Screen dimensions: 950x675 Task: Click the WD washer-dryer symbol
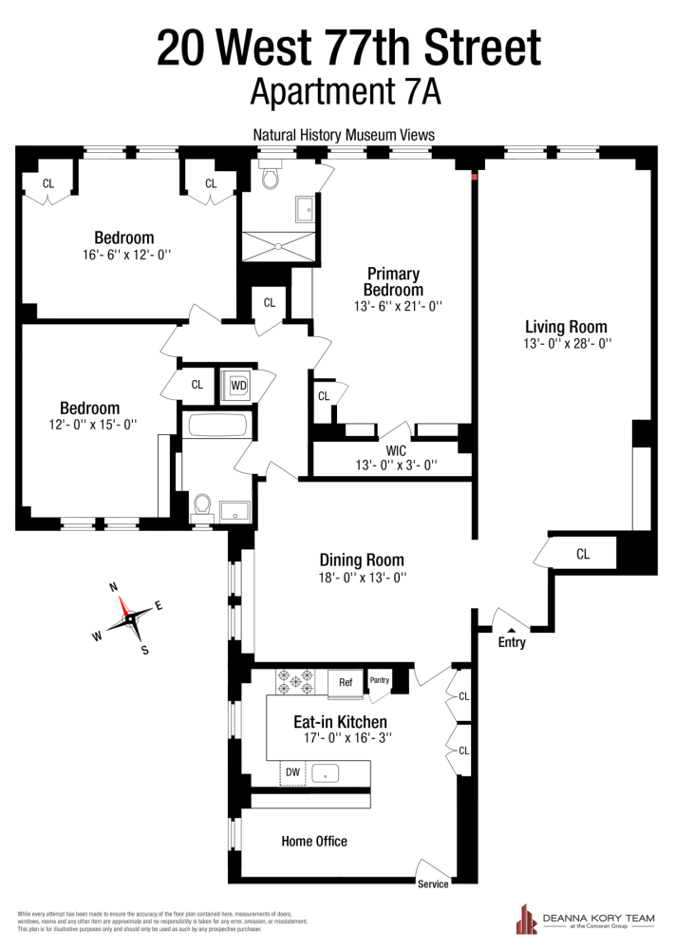pos(237,385)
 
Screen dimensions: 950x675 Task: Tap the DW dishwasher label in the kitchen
pos(293,773)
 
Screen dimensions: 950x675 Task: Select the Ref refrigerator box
pos(347,681)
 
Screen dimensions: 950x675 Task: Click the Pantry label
pos(380,680)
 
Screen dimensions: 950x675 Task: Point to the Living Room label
pos(566,326)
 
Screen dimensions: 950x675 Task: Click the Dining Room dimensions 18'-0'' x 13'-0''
pos(361,577)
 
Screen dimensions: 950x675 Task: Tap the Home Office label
pos(314,841)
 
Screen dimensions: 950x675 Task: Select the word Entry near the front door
pos(512,643)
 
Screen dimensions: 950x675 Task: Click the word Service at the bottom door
pos(432,883)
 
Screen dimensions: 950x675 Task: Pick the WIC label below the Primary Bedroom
pos(396,450)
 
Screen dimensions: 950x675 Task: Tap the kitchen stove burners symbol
pos(297,680)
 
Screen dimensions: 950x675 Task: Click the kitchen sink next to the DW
pos(326,773)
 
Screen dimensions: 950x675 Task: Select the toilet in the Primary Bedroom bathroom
pos(269,176)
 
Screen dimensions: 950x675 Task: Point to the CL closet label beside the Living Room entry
pos(583,554)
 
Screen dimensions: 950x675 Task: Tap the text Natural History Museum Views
pos(344,135)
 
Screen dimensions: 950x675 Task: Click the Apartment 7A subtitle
pos(347,92)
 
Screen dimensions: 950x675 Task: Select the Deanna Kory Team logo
pos(587,919)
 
